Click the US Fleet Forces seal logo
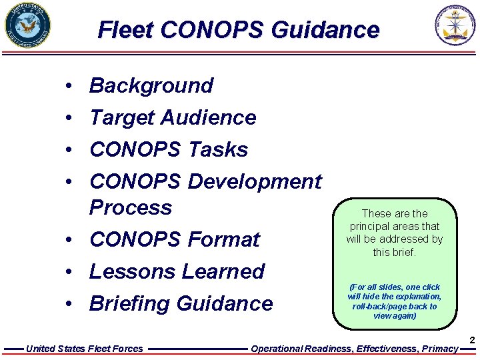pyautogui.click(x=27, y=26)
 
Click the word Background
pyautogui.click(x=151, y=85)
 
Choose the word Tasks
pyautogui.click(x=218, y=149)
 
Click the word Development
pyautogui.click(x=255, y=181)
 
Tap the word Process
pyautogui.click(x=131, y=207)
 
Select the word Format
pyautogui.click(x=224, y=239)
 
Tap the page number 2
pyautogui.click(x=472, y=341)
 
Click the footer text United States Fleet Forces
pyautogui.click(x=84, y=349)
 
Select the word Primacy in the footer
pyautogui.click(x=441, y=349)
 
